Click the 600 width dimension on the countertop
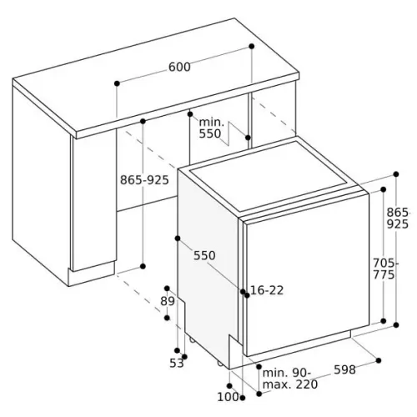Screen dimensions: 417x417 tap(179, 67)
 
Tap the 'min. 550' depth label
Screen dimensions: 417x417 tap(211, 128)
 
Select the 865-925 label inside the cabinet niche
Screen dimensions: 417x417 tap(144, 180)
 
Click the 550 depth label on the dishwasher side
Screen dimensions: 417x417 tap(204, 255)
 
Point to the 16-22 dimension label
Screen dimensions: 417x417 tap(267, 290)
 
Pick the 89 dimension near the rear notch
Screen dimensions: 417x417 tap(168, 301)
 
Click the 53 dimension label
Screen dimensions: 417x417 tap(177, 363)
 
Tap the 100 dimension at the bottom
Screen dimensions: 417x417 tap(228, 397)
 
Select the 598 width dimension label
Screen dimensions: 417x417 tap(344, 369)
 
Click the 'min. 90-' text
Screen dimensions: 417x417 tap(286, 373)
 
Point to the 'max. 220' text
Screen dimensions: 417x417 tap(290, 384)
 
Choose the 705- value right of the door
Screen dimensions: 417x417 tap(384, 263)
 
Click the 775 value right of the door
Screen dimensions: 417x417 tap(384, 275)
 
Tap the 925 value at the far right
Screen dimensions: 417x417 tap(398, 224)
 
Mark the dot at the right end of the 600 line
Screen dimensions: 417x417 tap(252, 46)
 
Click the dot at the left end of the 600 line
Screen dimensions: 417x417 tap(117, 83)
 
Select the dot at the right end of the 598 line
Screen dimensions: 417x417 tap(379, 360)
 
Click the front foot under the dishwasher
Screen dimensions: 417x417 tap(219, 363)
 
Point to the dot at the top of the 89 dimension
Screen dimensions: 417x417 tap(167, 288)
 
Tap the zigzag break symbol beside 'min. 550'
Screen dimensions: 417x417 tap(229, 133)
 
